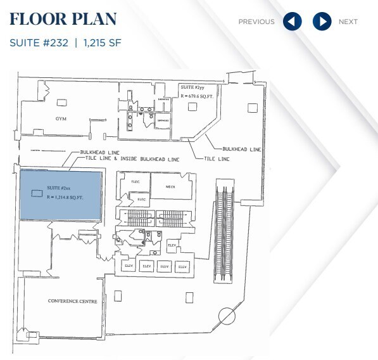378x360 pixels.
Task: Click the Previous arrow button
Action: coord(292,22)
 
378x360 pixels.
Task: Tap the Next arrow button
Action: coord(322,22)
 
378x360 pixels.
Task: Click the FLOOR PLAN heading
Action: coord(63,19)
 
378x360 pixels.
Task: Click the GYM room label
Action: coord(61,119)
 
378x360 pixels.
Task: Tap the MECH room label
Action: coord(170,187)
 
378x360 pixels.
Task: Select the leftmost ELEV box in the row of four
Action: coord(127,266)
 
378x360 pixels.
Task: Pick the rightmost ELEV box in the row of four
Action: coord(183,266)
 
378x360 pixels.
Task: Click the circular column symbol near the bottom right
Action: coord(226,316)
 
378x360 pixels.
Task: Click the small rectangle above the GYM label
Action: coord(61,101)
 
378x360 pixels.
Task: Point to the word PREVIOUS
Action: coord(256,22)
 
